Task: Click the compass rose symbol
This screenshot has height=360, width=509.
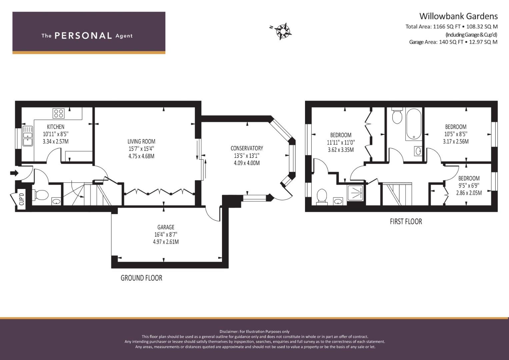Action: click(x=283, y=31)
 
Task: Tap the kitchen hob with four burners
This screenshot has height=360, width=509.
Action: click(x=58, y=113)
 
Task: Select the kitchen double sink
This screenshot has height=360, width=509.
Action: click(x=27, y=136)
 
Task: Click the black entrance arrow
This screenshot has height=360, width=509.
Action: click(x=14, y=173)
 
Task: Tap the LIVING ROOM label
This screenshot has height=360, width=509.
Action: click(x=141, y=141)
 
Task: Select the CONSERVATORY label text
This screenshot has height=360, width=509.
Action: click(x=247, y=148)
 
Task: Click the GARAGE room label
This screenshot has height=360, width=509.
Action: click(x=166, y=227)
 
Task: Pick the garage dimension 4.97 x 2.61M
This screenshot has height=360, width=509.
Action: click(x=166, y=242)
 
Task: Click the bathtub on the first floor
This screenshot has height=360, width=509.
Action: click(x=414, y=124)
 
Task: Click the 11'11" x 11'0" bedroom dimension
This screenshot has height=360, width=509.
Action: click(x=341, y=143)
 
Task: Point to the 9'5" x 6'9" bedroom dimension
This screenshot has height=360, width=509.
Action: click(x=469, y=185)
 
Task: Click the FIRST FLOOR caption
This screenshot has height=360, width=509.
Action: click(x=406, y=221)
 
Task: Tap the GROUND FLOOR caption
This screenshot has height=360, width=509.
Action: click(x=141, y=278)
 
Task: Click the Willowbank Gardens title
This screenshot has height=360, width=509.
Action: click(x=459, y=16)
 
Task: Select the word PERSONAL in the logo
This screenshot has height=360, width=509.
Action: click(x=83, y=36)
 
